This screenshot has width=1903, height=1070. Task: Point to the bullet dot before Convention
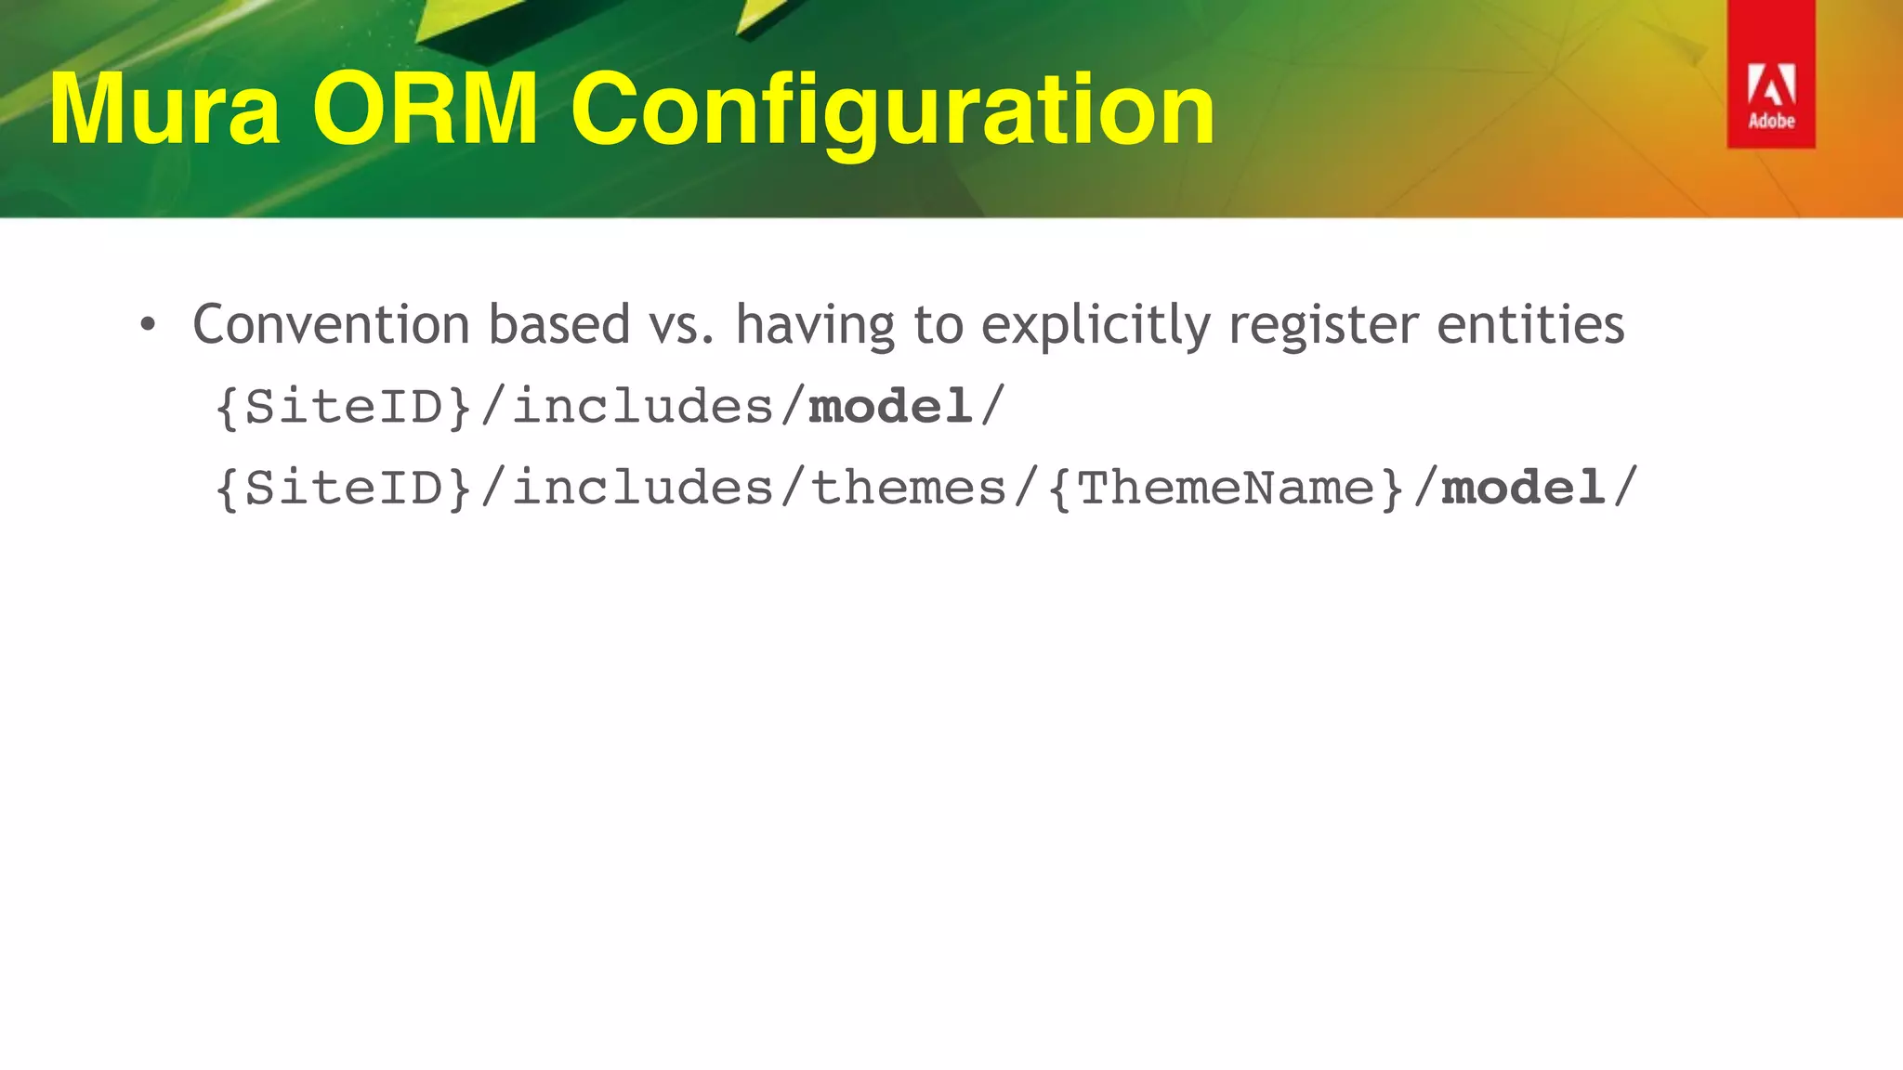click(x=147, y=326)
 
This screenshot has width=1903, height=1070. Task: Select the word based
click(x=559, y=324)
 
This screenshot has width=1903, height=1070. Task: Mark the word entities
click(x=1530, y=324)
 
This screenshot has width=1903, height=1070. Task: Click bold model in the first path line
click(x=890, y=407)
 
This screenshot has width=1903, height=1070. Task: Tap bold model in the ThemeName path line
click(x=1523, y=488)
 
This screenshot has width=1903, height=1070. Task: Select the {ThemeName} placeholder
click(x=1226, y=489)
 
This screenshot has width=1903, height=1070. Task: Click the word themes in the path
click(x=909, y=489)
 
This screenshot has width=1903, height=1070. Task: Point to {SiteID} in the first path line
click(x=344, y=407)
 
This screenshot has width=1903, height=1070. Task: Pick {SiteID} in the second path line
click(x=344, y=489)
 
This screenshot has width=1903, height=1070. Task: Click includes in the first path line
click(x=643, y=407)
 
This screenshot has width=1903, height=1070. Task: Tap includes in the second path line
click(x=643, y=489)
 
